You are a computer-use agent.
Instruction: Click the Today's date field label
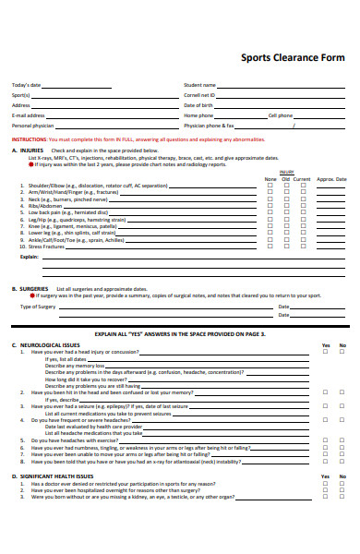pyautogui.click(x=26, y=85)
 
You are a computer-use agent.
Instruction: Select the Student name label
pyautogui.click(x=199, y=85)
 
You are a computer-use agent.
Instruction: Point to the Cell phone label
pyautogui.click(x=280, y=115)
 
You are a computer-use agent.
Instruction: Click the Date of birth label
pyautogui.click(x=198, y=105)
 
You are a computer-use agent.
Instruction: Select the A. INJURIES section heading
pyautogui.click(x=28, y=150)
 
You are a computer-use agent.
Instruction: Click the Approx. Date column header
pyautogui.click(x=331, y=179)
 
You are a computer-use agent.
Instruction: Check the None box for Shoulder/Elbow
pyautogui.click(x=270, y=186)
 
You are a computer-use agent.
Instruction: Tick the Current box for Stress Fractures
pyautogui.click(x=302, y=247)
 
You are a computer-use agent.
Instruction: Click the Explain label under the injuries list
pyautogui.click(x=30, y=258)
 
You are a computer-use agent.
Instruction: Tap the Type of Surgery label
pyautogui.click(x=39, y=306)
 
